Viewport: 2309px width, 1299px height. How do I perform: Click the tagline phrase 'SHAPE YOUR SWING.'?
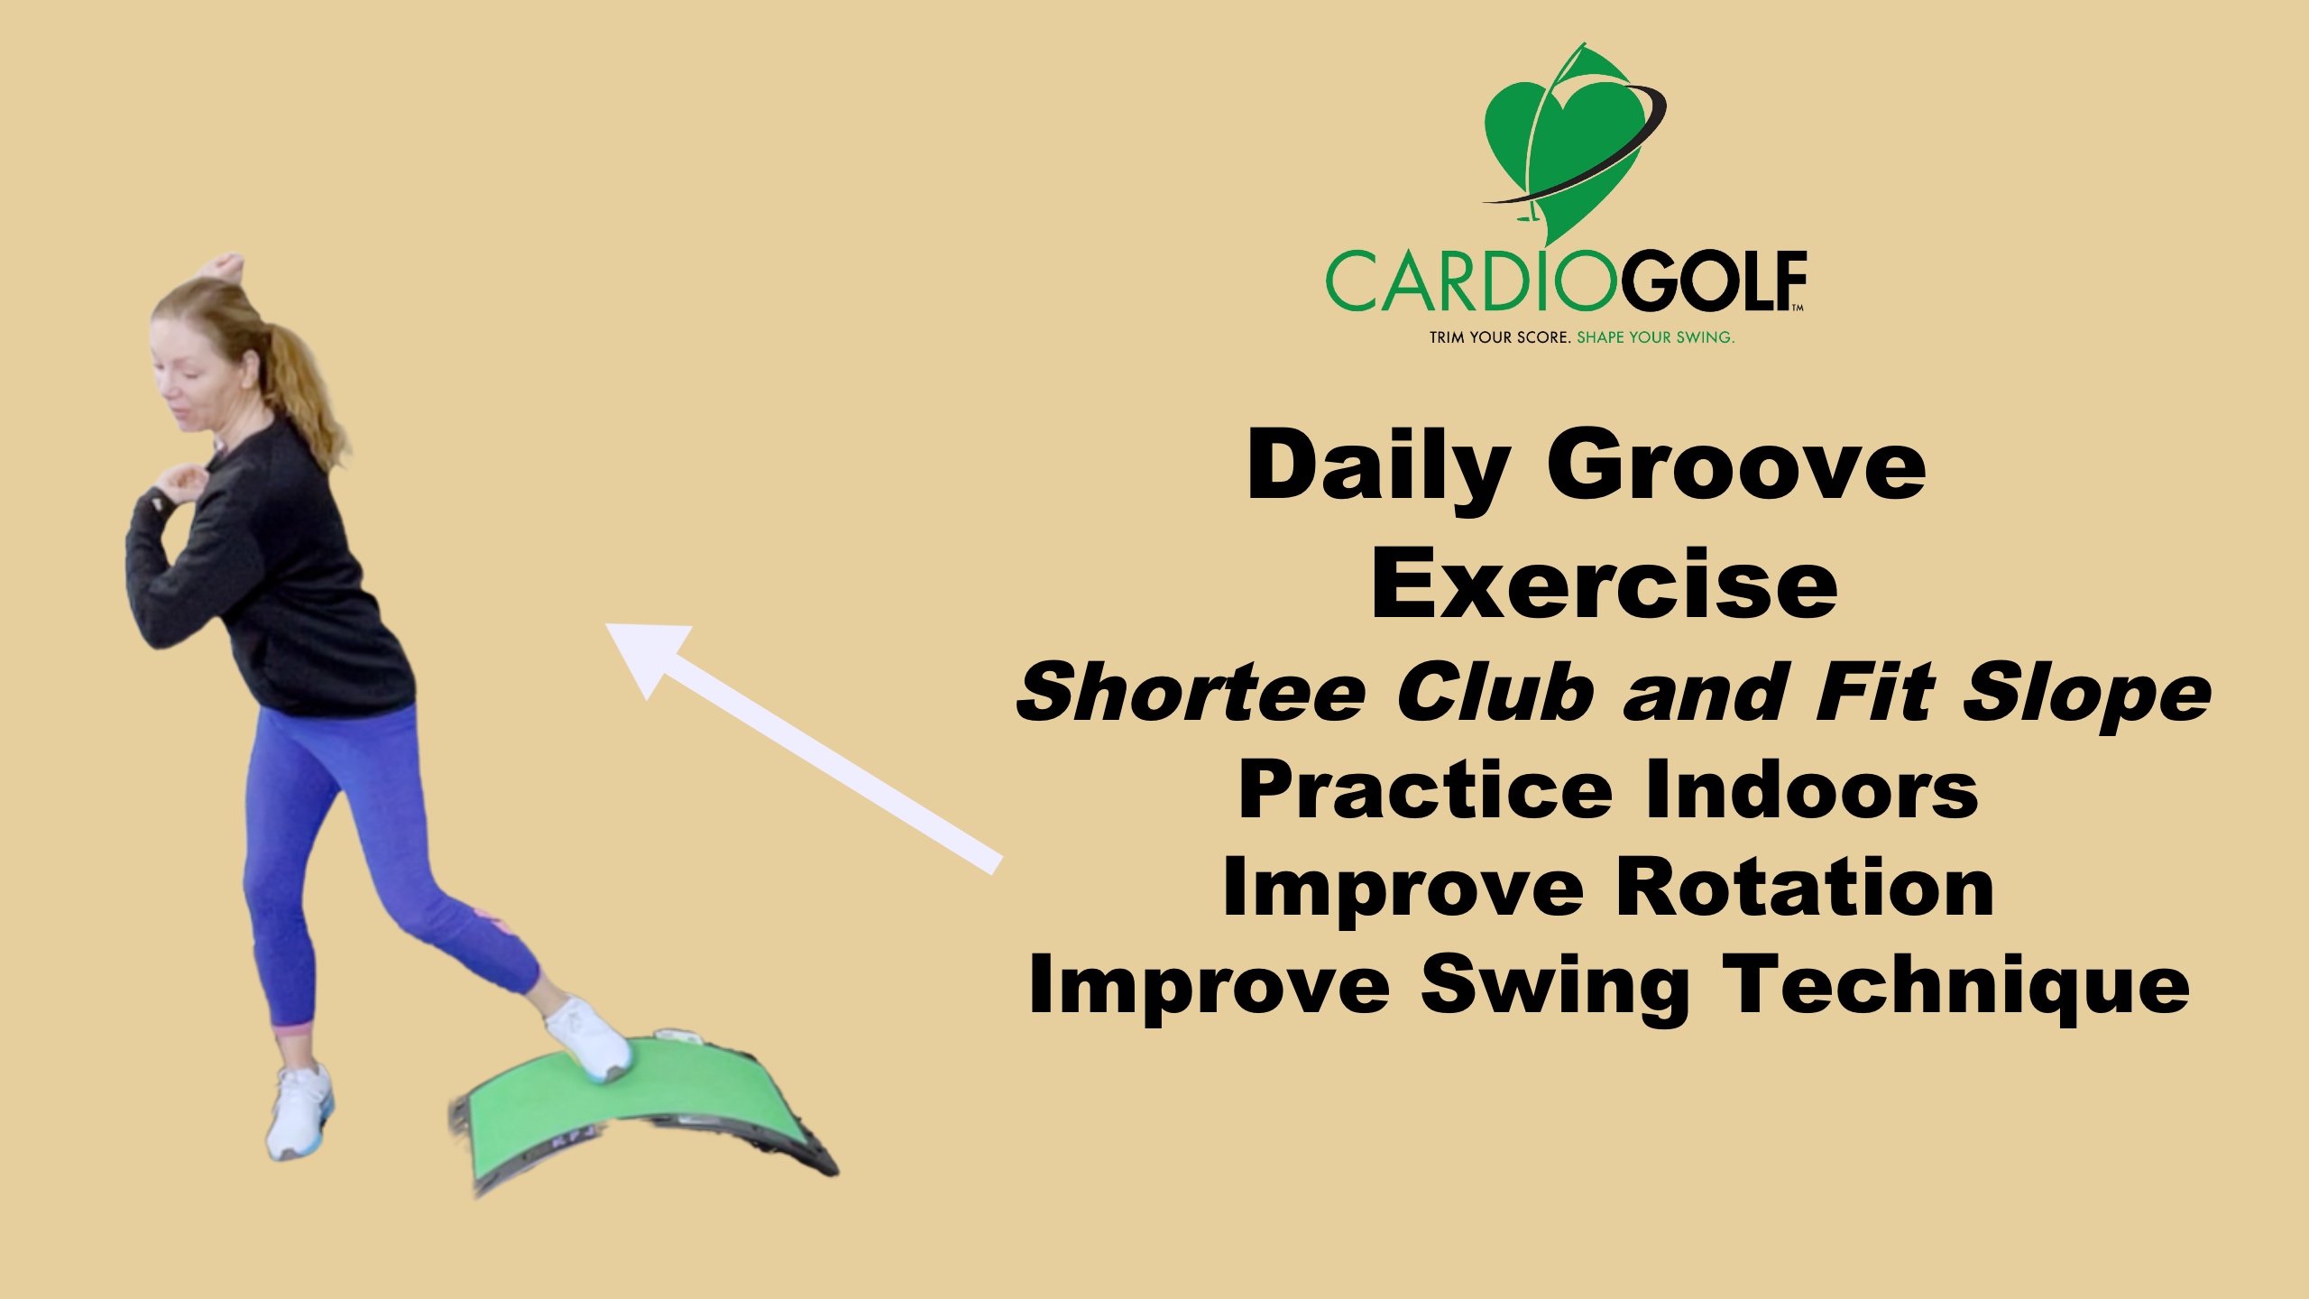point(1655,338)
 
